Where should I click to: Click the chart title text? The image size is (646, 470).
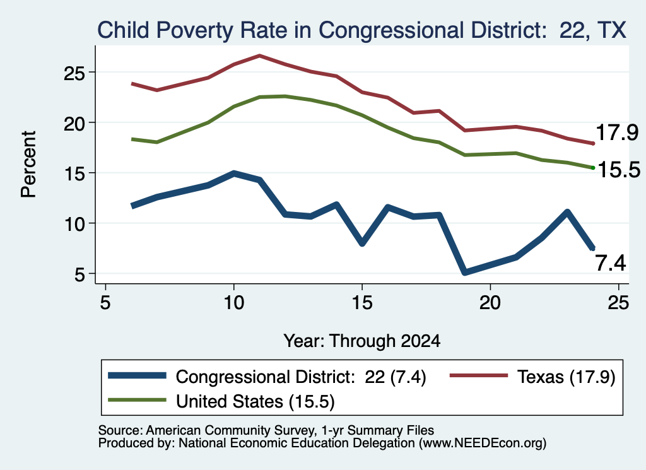tap(361, 30)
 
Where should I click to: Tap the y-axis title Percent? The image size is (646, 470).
tap(28, 165)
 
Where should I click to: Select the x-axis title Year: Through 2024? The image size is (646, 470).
tap(361, 341)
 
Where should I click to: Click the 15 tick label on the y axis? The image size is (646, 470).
tap(74, 173)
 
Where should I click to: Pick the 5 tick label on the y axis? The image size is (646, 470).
tap(79, 274)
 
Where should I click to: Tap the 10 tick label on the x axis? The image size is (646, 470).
tap(233, 303)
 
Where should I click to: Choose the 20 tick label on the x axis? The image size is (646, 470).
tap(490, 303)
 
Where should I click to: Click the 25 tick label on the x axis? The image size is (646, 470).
tap(618, 303)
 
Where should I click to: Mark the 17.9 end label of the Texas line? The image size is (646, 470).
tap(617, 132)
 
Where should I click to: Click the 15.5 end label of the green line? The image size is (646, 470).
tap(619, 170)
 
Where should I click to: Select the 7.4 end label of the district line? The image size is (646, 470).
tap(611, 263)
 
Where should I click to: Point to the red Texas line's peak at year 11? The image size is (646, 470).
tap(259, 56)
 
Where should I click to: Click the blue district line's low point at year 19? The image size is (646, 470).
tap(465, 272)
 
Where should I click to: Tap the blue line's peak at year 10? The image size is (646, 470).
tap(234, 173)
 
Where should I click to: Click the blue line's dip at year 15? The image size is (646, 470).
tap(362, 243)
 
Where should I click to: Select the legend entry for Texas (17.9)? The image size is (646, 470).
tap(532, 377)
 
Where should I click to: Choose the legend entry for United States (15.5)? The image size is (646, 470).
tap(221, 401)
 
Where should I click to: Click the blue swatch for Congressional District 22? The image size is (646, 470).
tap(137, 375)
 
